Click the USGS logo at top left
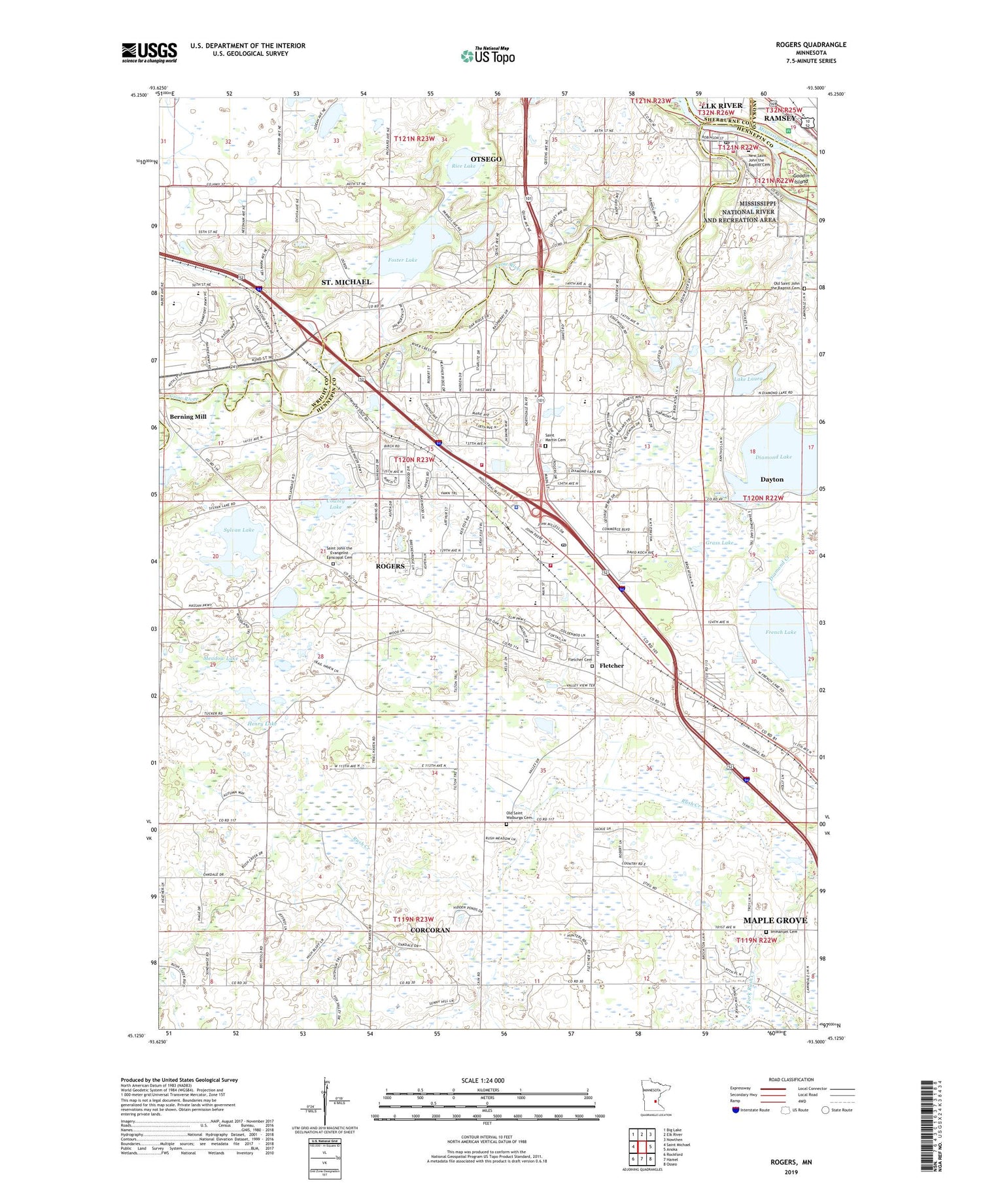[x=149, y=52]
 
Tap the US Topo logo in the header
[x=488, y=56]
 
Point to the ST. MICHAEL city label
[x=346, y=282]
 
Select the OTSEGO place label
[x=486, y=159]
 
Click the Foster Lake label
[x=402, y=260]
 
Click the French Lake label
[x=780, y=632]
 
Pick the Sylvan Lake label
[x=238, y=529]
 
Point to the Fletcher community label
[x=611, y=665]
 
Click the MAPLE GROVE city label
[x=775, y=920]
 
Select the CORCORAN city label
[x=430, y=930]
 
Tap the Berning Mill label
[x=188, y=417]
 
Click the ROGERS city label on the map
[x=390, y=566]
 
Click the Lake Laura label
[x=748, y=379]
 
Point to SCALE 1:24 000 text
[x=483, y=1080]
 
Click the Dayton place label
[x=772, y=480]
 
